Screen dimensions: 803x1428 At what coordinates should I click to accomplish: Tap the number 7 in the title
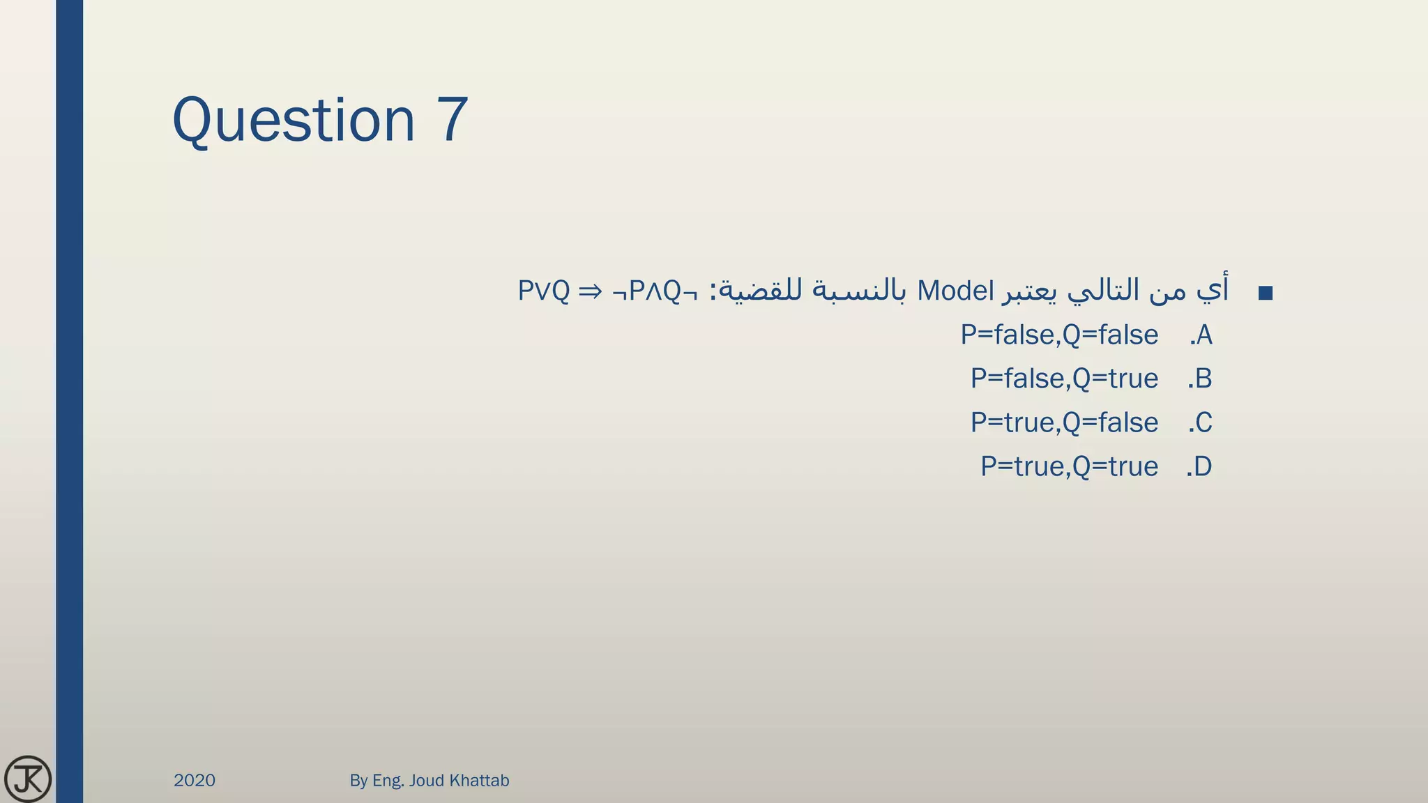click(453, 120)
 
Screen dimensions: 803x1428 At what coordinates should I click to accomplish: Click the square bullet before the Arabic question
click(1266, 293)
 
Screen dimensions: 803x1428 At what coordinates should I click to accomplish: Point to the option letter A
click(1203, 335)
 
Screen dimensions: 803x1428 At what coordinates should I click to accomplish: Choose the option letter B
click(1203, 379)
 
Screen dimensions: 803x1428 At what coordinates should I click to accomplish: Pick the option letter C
click(1203, 423)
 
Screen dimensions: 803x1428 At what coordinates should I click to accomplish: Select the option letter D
click(1203, 467)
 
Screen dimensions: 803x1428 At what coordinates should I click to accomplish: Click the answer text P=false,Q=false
click(1059, 335)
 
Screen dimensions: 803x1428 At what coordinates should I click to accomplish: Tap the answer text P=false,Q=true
click(1064, 379)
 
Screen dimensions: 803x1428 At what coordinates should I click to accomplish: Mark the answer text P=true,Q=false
click(1064, 423)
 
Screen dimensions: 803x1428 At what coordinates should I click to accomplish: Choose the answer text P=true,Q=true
click(1069, 467)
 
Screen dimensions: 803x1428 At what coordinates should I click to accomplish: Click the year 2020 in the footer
click(195, 781)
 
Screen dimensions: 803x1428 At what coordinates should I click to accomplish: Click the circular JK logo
click(27, 779)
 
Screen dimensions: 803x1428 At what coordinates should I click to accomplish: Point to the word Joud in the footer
click(426, 781)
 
